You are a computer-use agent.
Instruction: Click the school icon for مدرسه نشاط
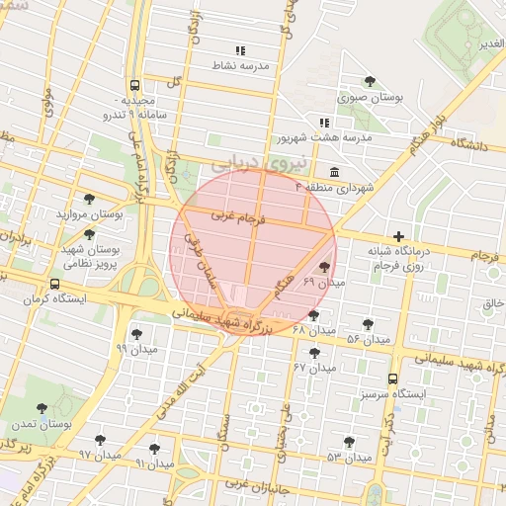point(240,49)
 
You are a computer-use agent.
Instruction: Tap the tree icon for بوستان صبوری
point(370,81)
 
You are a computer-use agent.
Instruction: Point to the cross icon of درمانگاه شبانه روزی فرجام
point(398,236)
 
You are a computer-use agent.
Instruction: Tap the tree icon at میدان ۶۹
point(325,267)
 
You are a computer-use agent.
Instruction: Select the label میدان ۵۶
point(367,340)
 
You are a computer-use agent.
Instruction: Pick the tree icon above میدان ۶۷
point(315,353)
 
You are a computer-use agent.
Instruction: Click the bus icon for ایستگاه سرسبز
point(393,379)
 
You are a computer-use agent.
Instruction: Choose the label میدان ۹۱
point(154,463)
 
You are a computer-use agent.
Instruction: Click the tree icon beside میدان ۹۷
point(100,440)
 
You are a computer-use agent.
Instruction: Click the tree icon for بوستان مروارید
point(90,199)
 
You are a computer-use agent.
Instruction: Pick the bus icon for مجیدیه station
point(134,85)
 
